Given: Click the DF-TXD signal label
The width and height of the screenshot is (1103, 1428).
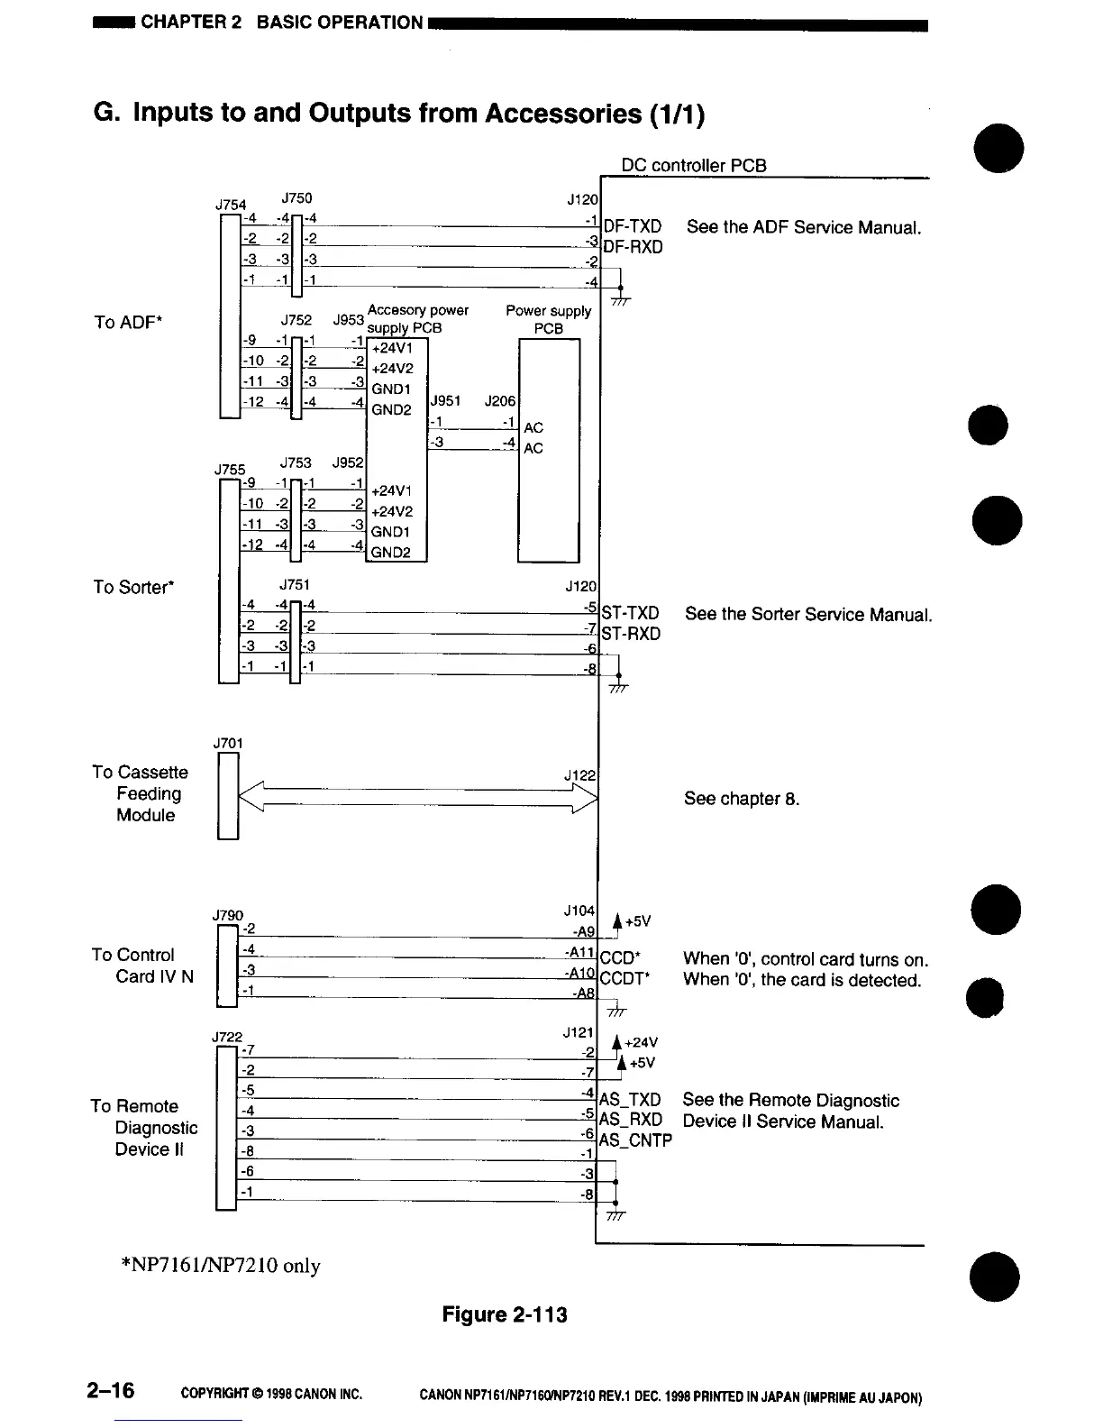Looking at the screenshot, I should [x=632, y=226].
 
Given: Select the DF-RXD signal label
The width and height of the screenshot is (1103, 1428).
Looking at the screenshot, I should [x=632, y=247].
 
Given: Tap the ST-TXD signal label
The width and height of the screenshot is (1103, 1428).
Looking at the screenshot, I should [x=630, y=614].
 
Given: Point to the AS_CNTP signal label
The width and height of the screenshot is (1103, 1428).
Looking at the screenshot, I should [x=635, y=1140].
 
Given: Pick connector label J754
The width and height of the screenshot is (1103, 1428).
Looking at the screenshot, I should [x=231, y=205].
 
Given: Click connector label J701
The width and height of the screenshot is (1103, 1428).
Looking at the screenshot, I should [x=228, y=743].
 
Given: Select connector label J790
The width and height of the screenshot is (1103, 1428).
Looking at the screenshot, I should [x=228, y=916].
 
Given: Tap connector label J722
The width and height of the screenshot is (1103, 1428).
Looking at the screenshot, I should [x=228, y=1037].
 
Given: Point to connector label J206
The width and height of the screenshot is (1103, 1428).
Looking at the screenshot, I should [x=499, y=400].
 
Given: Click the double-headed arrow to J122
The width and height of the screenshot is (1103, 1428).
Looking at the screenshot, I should [x=417, y=797].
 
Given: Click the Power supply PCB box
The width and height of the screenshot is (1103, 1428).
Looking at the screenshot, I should [x=549, y=451].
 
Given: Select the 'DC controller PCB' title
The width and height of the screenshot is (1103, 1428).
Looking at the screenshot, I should [x=694, y=165].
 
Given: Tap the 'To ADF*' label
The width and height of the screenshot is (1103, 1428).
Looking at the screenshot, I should [x=127, y=322].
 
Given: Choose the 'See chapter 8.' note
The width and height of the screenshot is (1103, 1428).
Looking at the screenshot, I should [x=741, y=799].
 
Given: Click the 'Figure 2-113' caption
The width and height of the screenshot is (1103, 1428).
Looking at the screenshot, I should [x=505, y=1314].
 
